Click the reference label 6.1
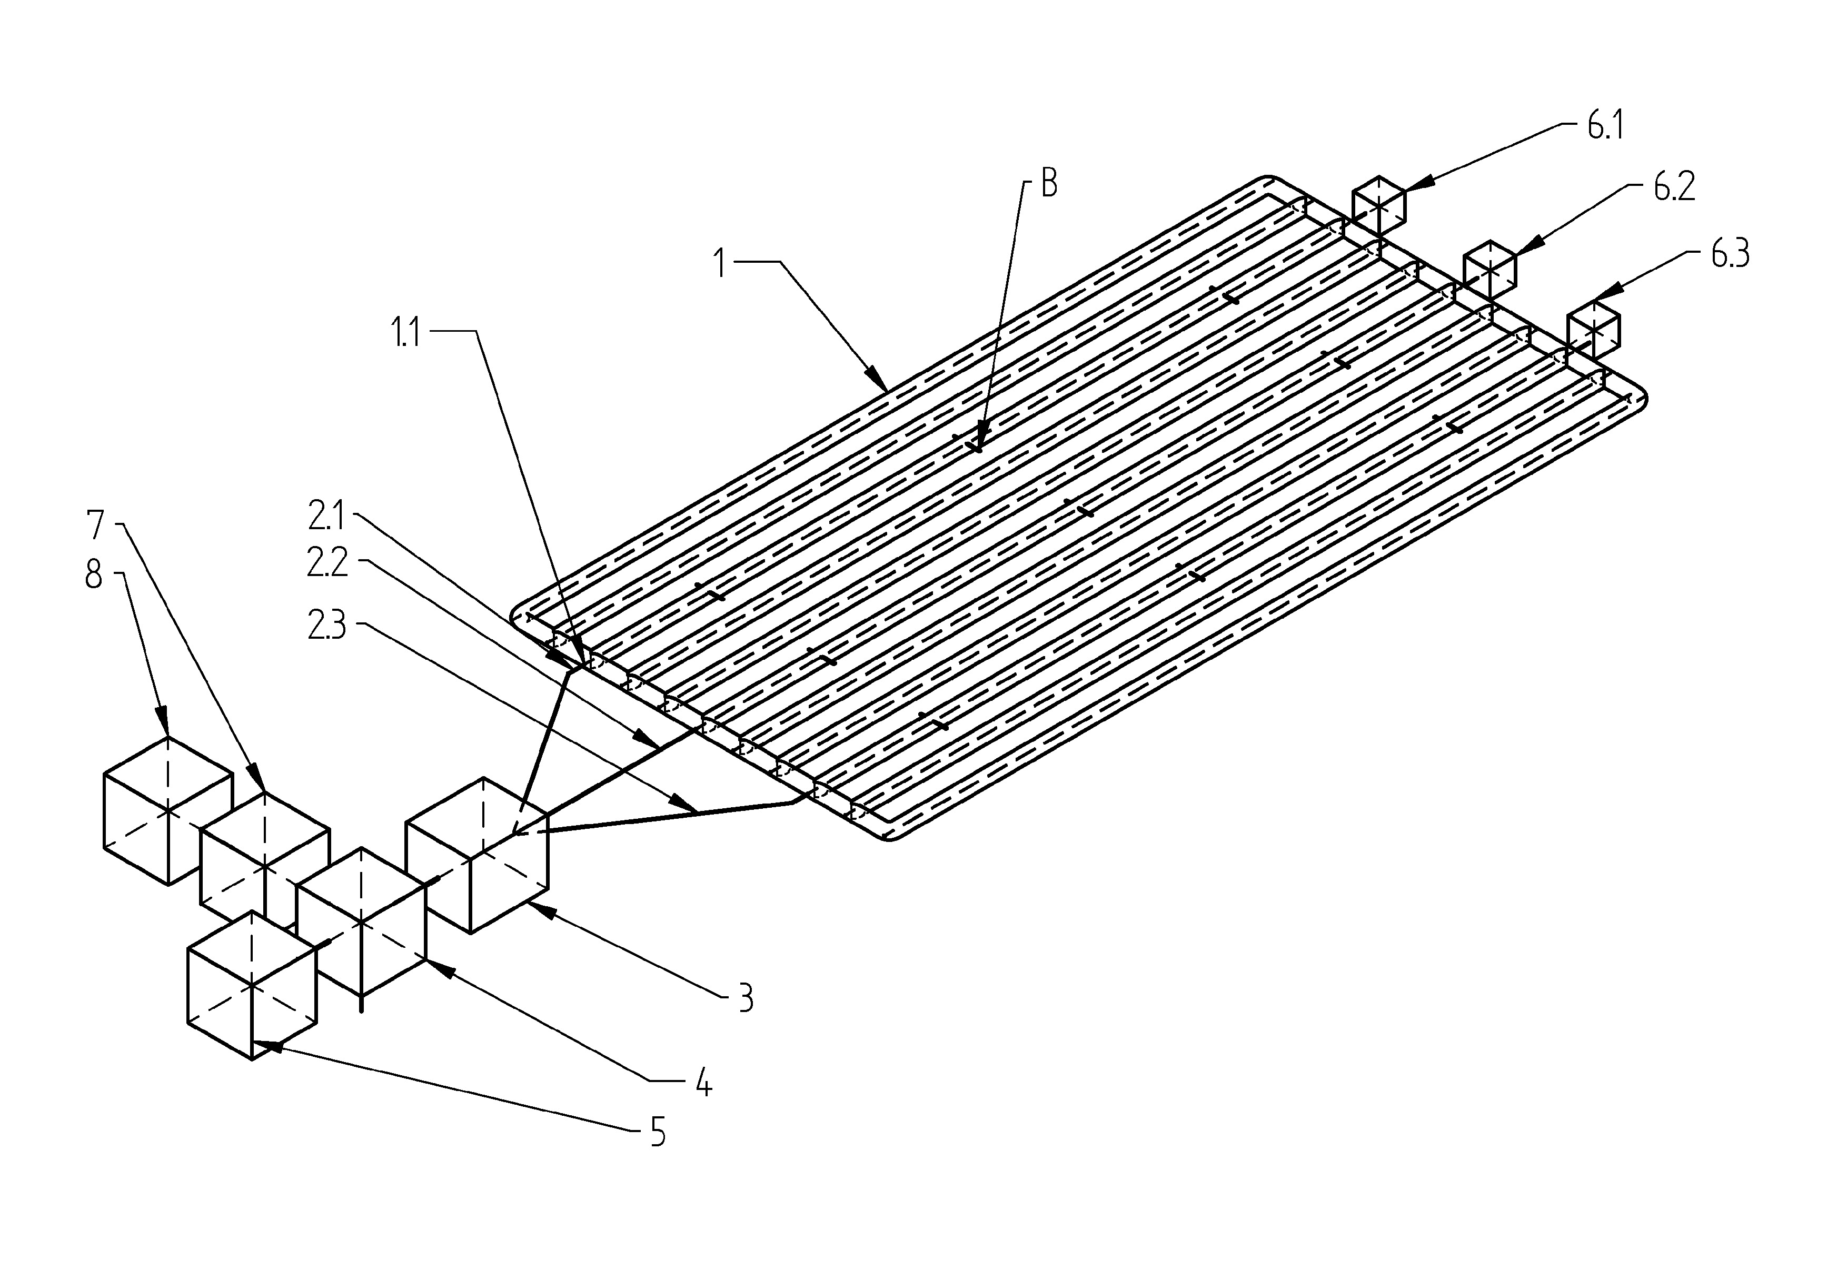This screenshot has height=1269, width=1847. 1605,126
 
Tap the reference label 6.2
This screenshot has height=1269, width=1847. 1674,187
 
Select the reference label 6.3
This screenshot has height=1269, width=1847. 1730,254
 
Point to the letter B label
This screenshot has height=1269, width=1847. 1049,184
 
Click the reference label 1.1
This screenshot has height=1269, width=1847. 405,334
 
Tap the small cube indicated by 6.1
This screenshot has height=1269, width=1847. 1379,206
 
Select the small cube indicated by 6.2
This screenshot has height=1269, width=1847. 1491,270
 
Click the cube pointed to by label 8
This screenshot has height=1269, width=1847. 168,811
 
